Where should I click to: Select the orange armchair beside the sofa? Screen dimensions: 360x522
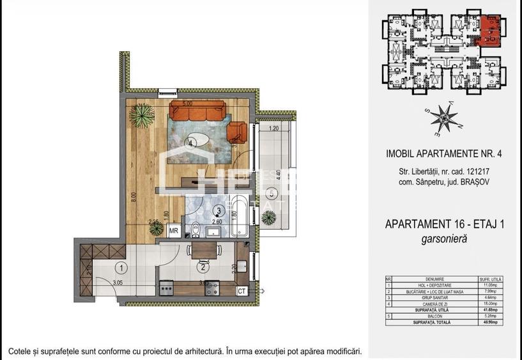pyautogui.click(x=237, y=132)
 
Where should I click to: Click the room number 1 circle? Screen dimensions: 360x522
pyautogui.click(x=122, y=268)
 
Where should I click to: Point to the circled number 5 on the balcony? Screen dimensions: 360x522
pyautogui.click(x=271, y=192)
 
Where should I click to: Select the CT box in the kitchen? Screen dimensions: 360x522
pyautogui.click(x=242, y=291)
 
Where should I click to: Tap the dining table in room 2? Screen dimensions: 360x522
pyautogui.click(x=203, y=250)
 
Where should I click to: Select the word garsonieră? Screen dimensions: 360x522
pyautogui.click(x=445, y=239)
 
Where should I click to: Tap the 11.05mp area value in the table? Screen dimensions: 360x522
pyautogui.click(x=492, y=285)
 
